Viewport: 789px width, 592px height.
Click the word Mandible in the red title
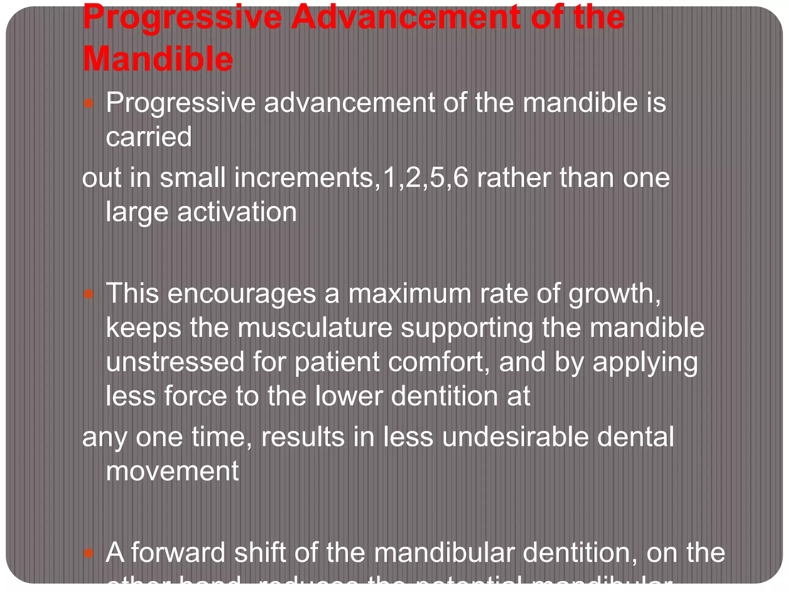158,59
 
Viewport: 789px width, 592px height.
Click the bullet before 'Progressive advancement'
89,103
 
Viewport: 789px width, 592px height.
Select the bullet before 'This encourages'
89,294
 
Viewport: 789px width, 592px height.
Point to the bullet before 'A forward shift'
89,553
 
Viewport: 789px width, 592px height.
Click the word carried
149,137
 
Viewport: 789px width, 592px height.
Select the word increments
304,178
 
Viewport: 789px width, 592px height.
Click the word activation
237,212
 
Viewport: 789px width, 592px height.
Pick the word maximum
410,294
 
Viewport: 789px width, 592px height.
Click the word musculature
314,328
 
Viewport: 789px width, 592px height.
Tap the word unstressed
175,362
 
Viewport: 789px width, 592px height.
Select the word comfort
438,362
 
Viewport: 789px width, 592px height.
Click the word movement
172,471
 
